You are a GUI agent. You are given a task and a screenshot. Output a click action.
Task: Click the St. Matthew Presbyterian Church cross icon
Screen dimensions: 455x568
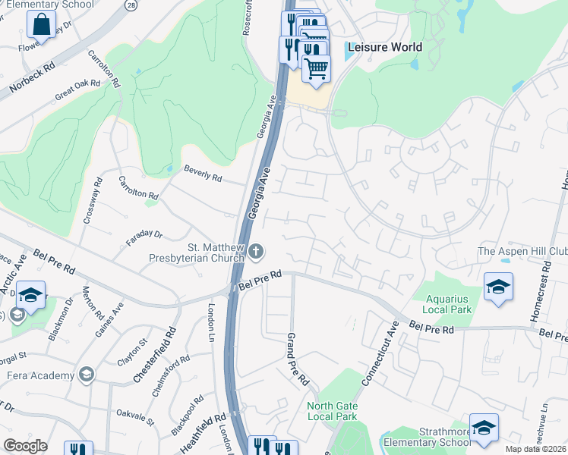pos(257,251)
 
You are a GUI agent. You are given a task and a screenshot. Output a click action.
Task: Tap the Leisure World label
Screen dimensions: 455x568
pos(384,47)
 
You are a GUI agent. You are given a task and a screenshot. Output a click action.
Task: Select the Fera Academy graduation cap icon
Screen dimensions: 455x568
pos(87,375)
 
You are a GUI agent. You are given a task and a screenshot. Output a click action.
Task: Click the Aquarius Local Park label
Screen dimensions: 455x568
pos(448,304)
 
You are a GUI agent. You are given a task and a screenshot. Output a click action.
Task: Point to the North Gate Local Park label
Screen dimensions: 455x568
pos(332,411)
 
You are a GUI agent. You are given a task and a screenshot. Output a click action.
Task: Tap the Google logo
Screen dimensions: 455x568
pos(25,446)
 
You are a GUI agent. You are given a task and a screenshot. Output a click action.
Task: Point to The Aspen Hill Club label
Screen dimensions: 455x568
pos(522,252)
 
